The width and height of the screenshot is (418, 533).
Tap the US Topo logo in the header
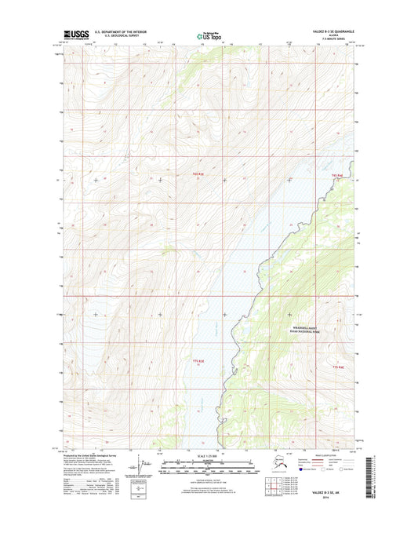tap(209, 35)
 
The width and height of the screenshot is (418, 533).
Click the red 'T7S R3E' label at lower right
tap(338, 367)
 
